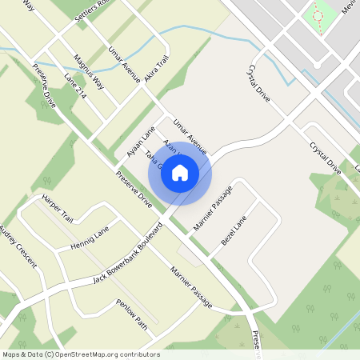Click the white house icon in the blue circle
(x=180, y=172)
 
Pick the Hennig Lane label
(x=89, y=238)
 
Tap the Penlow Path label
(x=132, y=314)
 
